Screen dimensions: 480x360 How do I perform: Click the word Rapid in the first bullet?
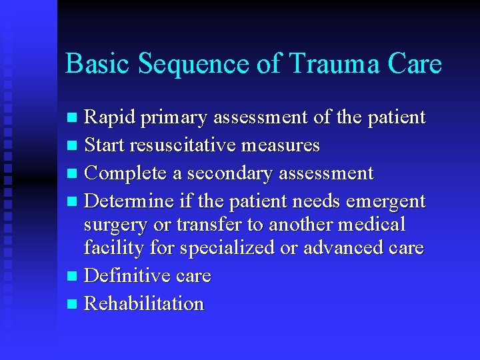[x=109, y=117]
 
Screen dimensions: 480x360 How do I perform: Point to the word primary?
[x=173, y=119]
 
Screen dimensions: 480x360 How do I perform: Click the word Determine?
[x=129, y=200]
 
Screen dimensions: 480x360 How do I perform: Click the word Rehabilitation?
[x=144, y=304]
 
